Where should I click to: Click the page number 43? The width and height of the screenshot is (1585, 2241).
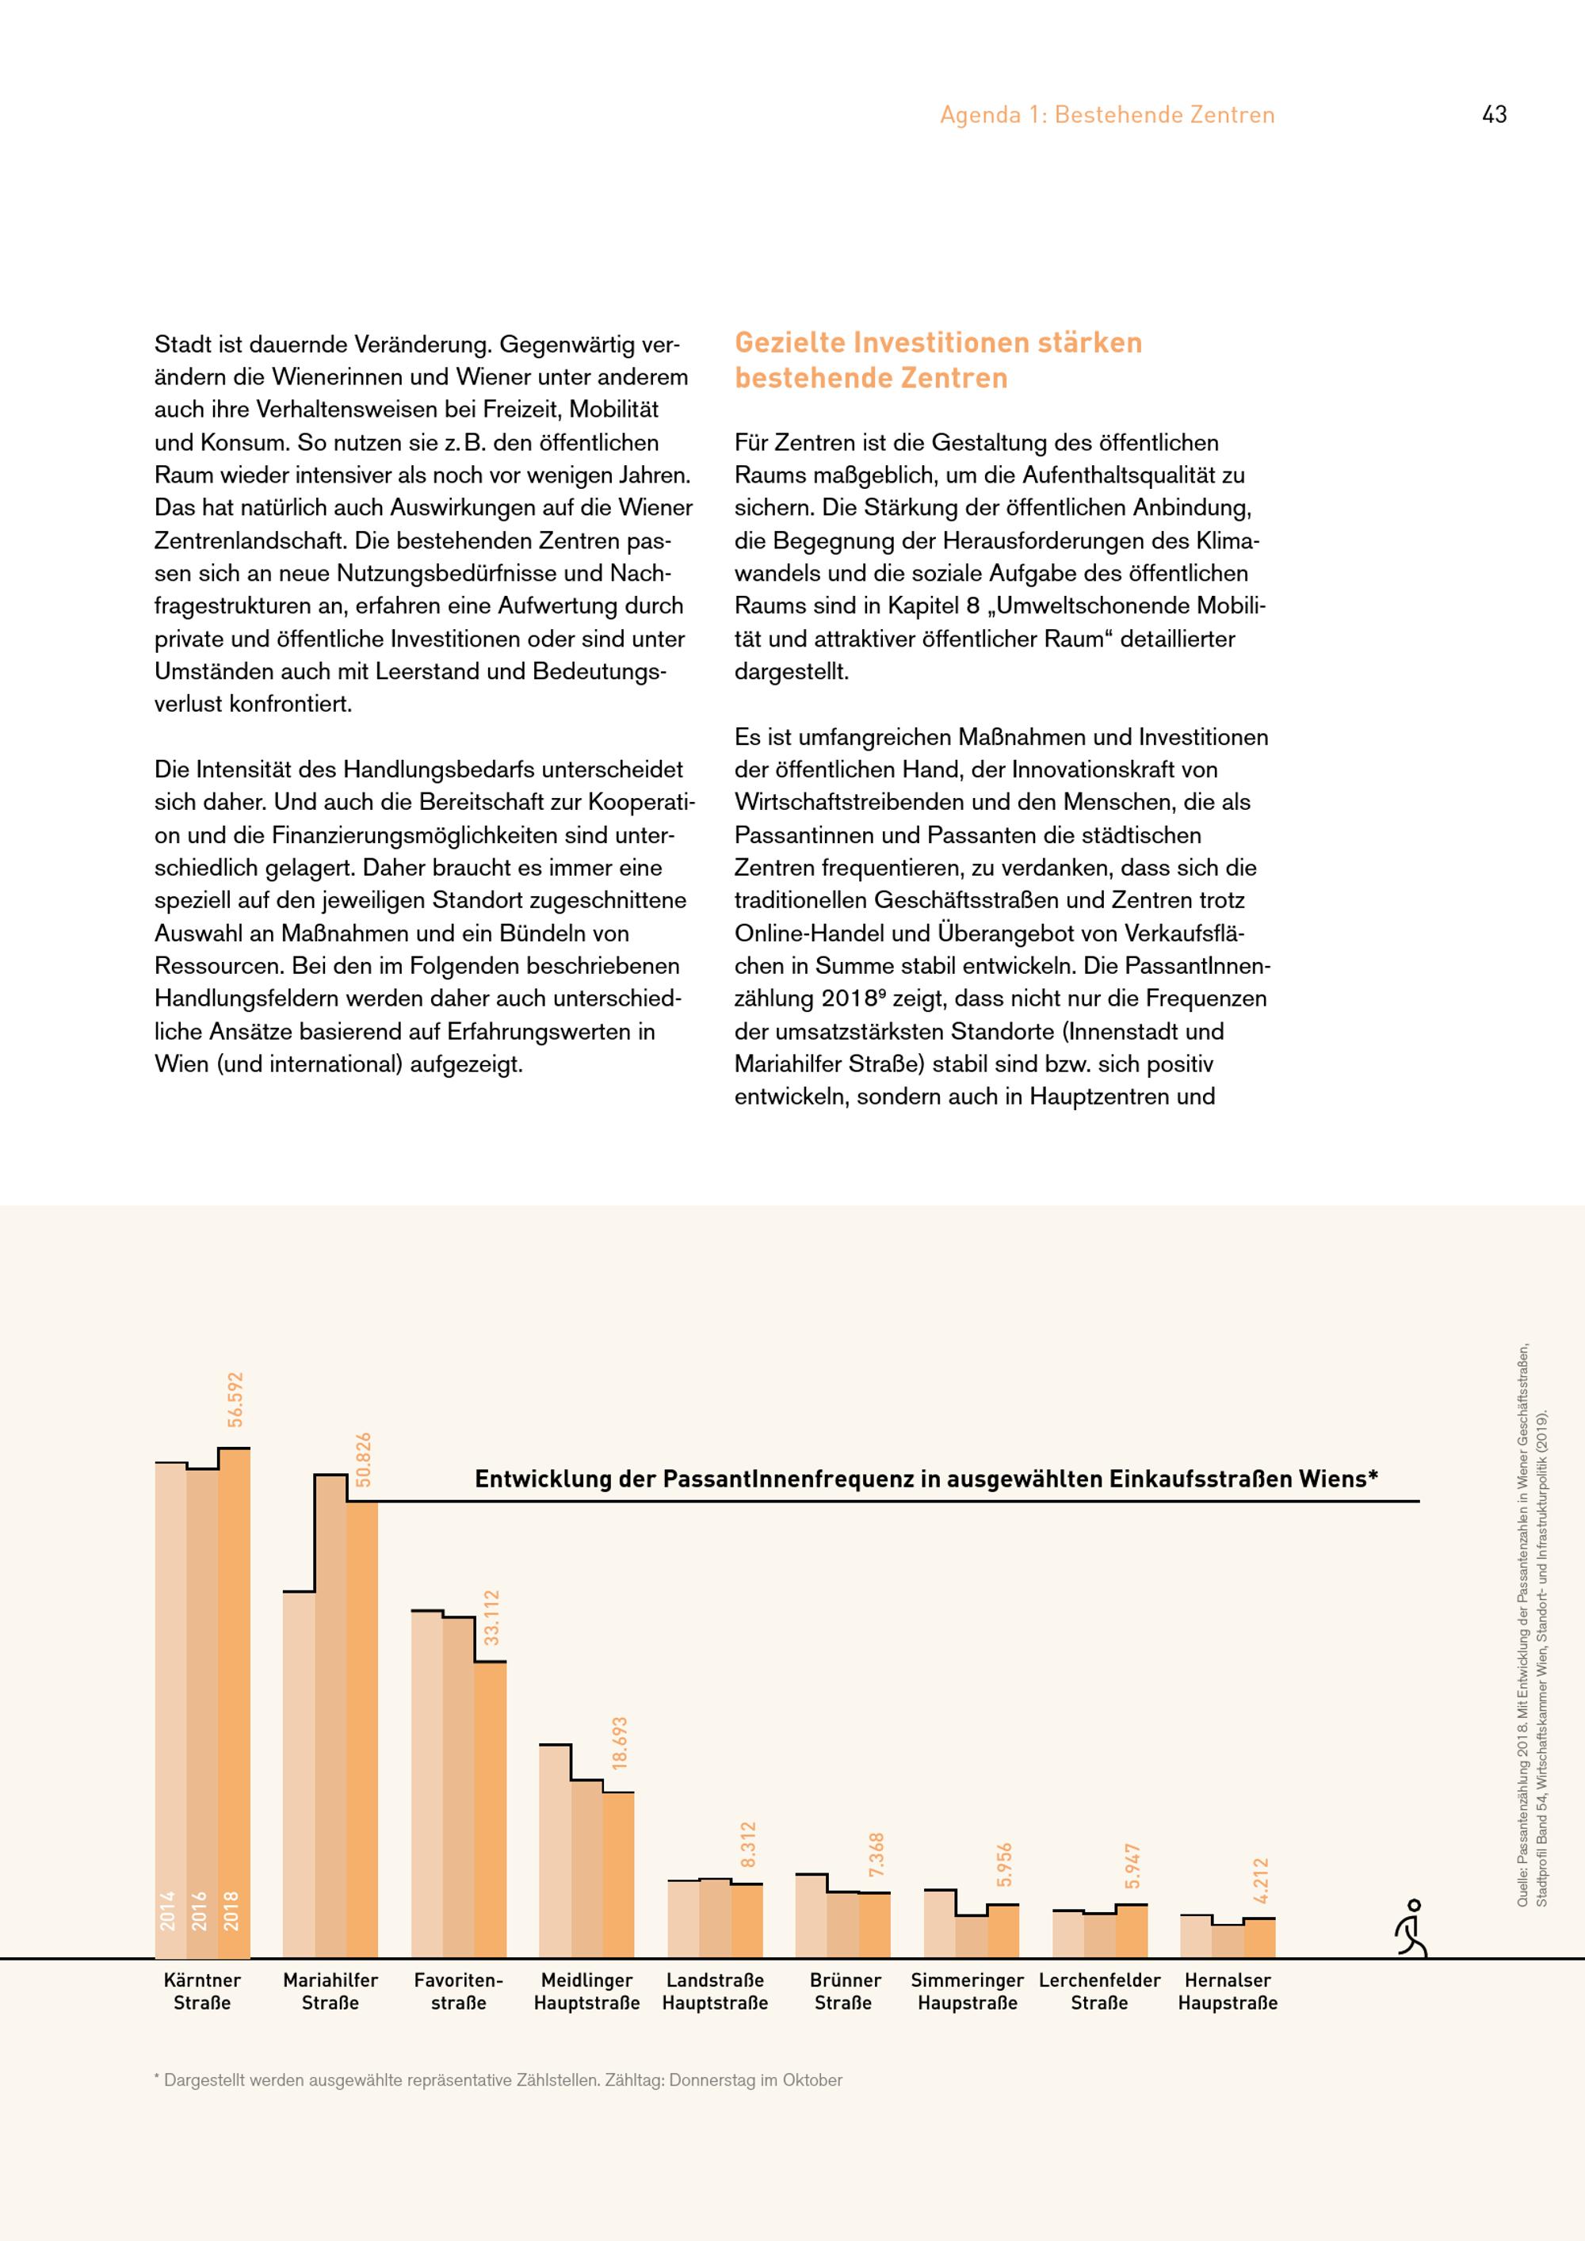coord(1493,115)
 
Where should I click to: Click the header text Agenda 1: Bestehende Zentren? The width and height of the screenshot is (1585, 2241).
coord(1107,115)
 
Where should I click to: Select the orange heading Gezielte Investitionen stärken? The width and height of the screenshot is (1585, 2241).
coord(938,342)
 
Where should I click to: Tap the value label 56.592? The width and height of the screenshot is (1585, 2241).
coord(235,1399)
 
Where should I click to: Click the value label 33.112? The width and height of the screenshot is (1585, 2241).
coord(491,1617)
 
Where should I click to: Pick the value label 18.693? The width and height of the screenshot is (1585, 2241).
coord(619,1743)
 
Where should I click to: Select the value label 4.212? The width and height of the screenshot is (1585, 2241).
coord(1260,1880)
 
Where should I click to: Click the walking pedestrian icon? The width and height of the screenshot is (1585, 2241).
coord(1411,1929)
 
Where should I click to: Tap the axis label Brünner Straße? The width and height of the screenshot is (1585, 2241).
coord(844,1991)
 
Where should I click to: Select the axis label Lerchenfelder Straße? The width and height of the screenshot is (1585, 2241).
coord(1099,1991)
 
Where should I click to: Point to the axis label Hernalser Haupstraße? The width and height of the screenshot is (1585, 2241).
coord(1227,1991)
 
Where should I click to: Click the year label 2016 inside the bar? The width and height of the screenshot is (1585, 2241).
coord(200,1911)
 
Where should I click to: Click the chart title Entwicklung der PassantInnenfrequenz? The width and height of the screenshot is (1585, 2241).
coord(925,1479)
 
